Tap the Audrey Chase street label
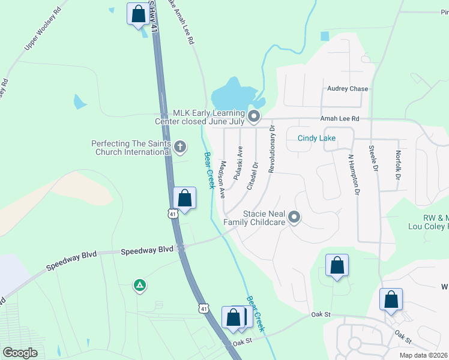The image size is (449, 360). point(348,89)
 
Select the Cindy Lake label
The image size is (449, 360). point(316,138)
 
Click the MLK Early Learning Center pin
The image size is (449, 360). point(254,116)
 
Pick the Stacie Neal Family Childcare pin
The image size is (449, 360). point(294,217)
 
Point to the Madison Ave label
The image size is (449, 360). point(222,179)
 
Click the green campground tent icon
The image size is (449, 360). point(139,286)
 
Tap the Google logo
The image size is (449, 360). point(20,353)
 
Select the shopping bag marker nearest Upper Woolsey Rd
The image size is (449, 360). point(138,13)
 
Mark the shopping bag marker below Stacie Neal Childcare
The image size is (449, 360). point(337,265)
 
